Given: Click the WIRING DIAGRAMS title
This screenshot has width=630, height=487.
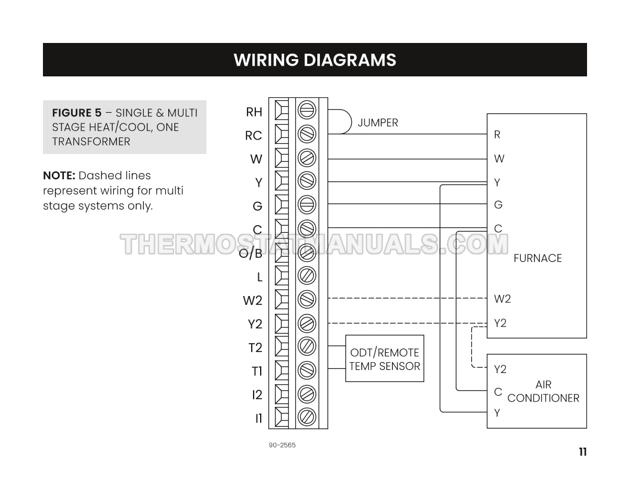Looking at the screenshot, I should (x=314, y=60).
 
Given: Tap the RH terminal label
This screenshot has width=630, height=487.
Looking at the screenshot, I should (x=254, y=112).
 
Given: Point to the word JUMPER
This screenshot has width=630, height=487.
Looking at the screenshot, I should (x=378, y=123).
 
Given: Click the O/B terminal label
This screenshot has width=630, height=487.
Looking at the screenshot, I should (x=251, y=253).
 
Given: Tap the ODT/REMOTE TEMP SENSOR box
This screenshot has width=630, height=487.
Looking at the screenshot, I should (x=385, y=359).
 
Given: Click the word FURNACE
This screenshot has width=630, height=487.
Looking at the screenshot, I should (x=538, y=258).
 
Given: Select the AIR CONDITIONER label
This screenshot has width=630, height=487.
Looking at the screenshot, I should (x=543, y=392).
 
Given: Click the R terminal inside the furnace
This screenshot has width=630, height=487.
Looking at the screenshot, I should (x=497, y=135).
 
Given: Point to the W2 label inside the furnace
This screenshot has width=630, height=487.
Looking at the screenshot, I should (x=502, y=298).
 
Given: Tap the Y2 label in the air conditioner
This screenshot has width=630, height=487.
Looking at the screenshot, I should (x=500, y=369).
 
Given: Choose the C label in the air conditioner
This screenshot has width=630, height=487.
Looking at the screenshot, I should (x=498, y=392).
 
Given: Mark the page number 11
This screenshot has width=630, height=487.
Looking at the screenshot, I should (x=582, y=452).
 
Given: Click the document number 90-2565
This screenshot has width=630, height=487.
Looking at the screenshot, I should (x=282, y=445).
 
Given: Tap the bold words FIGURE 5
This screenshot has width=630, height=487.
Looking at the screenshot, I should (x=77, y=113).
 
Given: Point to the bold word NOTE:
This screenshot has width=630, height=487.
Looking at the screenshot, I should (x=59, y=175).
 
